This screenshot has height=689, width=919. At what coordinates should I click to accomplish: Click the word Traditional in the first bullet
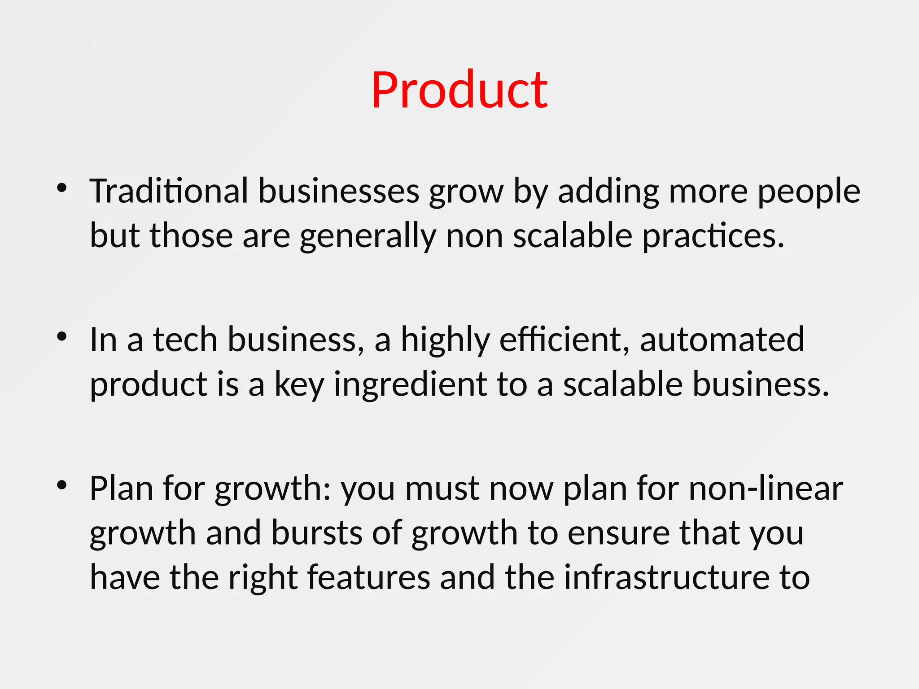(169, 191)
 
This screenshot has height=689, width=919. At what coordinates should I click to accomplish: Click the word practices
(713, 236)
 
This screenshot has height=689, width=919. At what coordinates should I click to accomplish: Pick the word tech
(185, 340)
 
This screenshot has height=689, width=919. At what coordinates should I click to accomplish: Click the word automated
(722, 340)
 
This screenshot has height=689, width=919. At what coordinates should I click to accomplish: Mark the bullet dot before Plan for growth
(62, 485)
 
